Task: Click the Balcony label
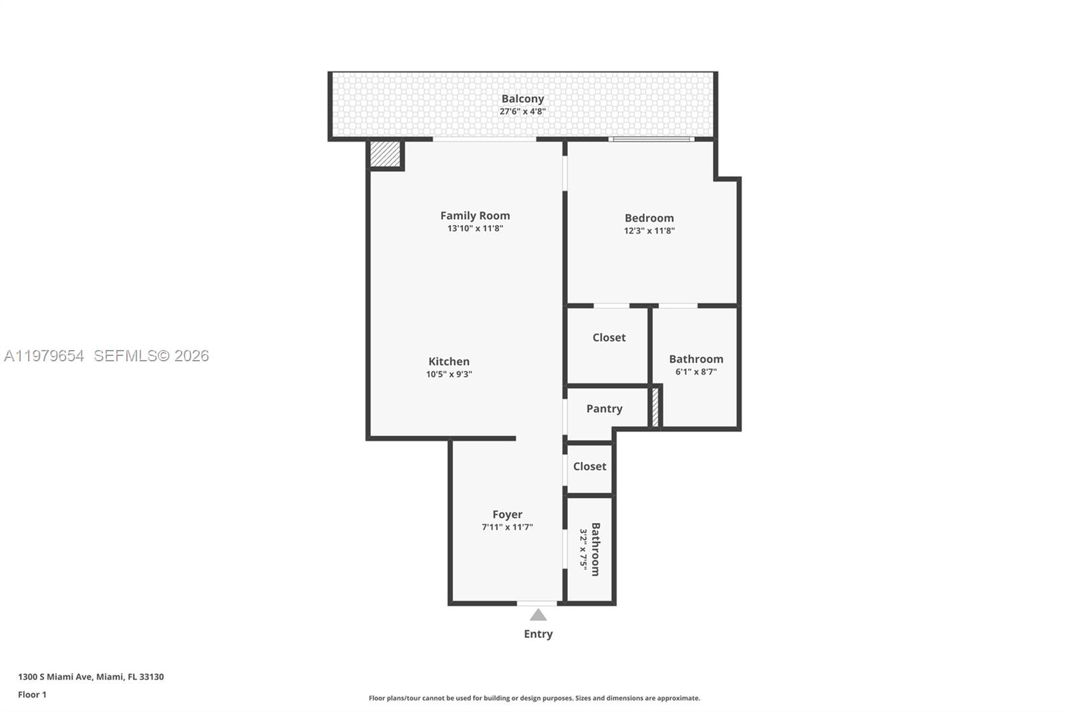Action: (x=522, y=99)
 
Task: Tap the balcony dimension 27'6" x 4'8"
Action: (x=522, y=112)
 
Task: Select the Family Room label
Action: (x=475, y=216)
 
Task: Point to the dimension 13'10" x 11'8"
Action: (x=475, y=228)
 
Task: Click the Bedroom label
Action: (x=649, y=218)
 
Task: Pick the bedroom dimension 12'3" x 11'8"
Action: (x=649, y=231)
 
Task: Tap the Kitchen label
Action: (x=449, y=362)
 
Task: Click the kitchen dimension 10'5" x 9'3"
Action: (x=449, y=375)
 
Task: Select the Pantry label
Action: (x=604, y=409)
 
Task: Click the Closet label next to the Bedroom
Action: (x=609, y=338)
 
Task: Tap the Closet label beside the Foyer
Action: (x=589, y=467)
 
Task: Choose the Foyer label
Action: (x=507, y=515)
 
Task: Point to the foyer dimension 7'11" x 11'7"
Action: (x=507, y=528)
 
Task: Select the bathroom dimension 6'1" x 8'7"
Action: (x=696, y=372)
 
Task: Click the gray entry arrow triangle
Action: (x=538, y=615)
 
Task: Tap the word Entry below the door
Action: (x=538, y=635)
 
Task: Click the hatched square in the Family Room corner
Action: (x=385, y=154)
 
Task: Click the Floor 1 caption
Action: (x=32, y=695)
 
